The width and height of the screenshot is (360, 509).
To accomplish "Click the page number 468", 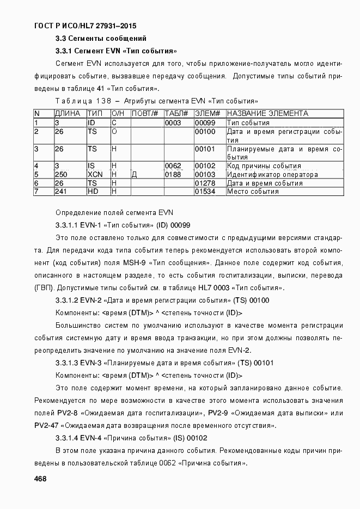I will point(40,479).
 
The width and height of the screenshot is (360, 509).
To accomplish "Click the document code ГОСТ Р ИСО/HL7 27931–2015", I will point(85,26).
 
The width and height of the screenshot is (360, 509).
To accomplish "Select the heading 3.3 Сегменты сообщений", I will point(101,39).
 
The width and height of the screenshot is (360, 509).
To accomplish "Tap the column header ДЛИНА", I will point(67,113).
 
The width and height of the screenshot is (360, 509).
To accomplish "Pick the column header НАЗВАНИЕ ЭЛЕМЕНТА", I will point(267,113).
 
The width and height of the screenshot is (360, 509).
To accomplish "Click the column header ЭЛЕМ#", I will point(208,113).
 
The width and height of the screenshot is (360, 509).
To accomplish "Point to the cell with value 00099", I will point(205,122).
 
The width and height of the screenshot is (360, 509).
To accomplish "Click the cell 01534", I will point(205,192).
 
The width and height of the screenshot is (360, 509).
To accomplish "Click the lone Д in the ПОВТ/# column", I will point(135,175).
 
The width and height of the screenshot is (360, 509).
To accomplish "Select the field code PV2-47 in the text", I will point(46,425).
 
